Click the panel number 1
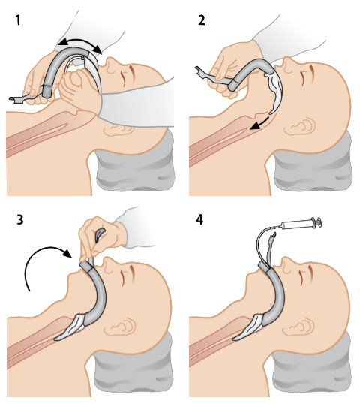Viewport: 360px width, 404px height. point(17,20)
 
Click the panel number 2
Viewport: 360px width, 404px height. point(202,20)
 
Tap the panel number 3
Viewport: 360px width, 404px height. point(20,219)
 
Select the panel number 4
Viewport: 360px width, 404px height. point(199,219)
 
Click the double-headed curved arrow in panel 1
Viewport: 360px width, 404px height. point(79,41)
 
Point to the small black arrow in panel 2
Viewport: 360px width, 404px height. point(260,124)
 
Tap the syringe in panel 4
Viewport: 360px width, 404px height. point(301,224)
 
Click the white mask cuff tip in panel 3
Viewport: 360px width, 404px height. point(55,339)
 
